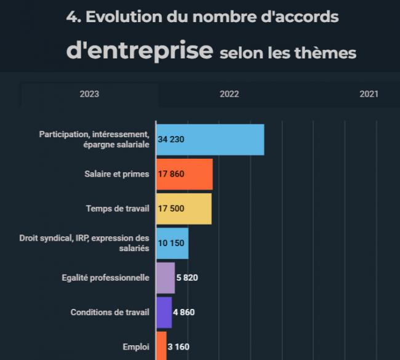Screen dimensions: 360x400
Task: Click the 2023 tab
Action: [x=89, y=94]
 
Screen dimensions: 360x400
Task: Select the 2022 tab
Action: [x=229, y=94]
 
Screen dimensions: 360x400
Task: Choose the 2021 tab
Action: [x=369, y=94]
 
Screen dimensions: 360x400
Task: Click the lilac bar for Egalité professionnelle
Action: [x=166, y=278]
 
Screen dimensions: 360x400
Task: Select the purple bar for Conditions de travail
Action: [x=164, y=312]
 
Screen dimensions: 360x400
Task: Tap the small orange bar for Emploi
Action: [x=161, y=346]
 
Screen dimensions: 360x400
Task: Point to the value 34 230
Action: [x=171, y=140]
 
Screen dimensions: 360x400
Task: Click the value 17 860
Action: [x=171, y=174]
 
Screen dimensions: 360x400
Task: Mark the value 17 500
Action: [x=171, y=209]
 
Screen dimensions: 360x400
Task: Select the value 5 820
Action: [x=187, y=278]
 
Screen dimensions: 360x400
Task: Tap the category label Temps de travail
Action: [x=118, y=209]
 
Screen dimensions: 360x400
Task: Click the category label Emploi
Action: [x=136, y=347]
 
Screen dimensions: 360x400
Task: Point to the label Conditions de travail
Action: [x=110, y=312]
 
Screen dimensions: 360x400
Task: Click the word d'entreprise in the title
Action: [x=140, y=50]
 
